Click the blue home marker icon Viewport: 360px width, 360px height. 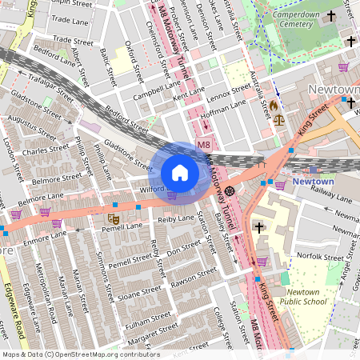pyautogui.click(x=179, y=172)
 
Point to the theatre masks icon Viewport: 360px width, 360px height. pyautogui.click(x=113, y=217)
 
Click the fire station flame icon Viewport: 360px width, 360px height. pyautogui.click(x=274, y=105)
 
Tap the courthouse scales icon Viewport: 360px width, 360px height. pyautogui.click(x=278, y=120)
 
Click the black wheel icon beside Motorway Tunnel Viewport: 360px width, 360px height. pyautogui.click(x=230, y=190)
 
